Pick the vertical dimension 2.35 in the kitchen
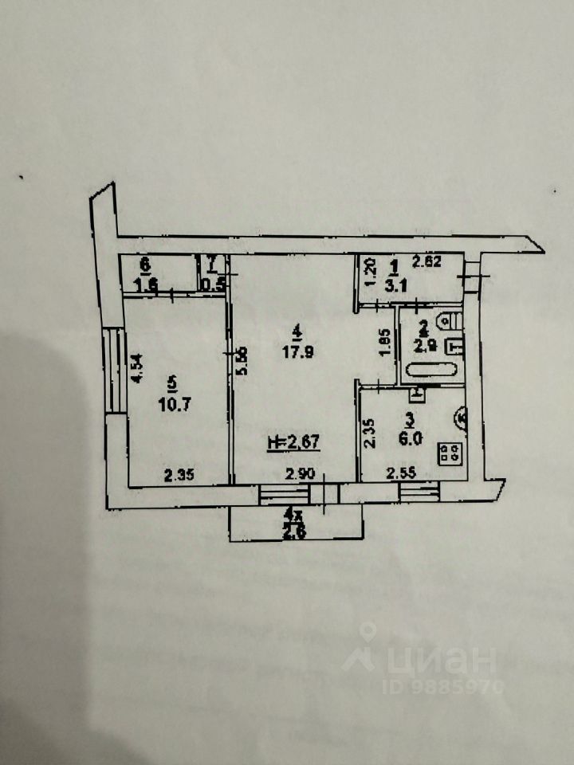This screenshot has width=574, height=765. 368,436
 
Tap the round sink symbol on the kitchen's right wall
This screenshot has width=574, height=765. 462,416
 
